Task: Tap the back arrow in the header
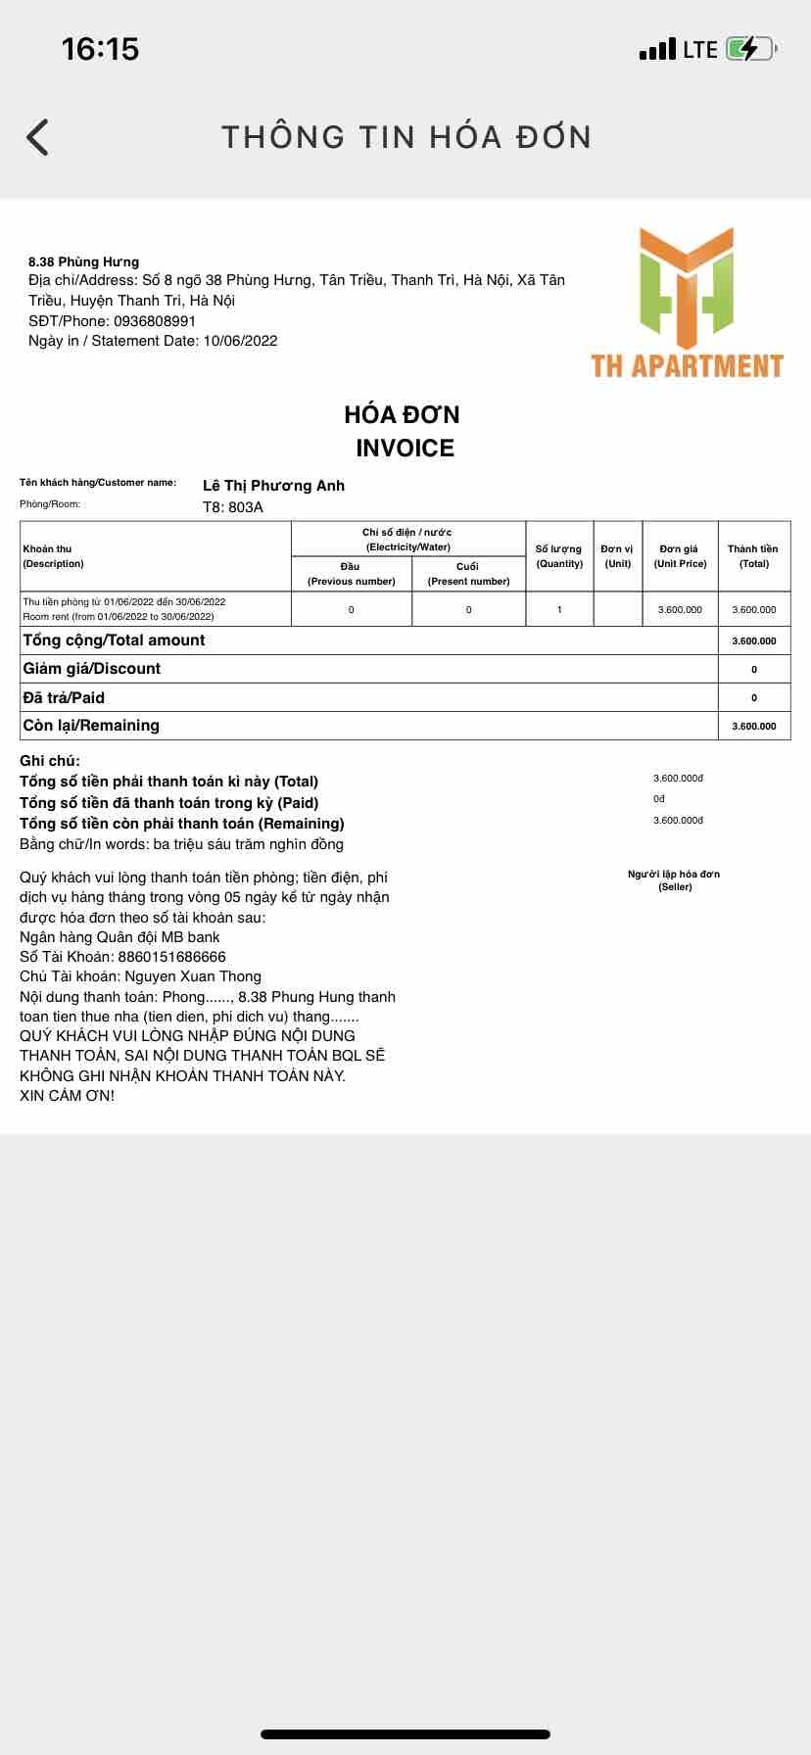[37, 137]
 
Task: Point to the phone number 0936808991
[155, 321]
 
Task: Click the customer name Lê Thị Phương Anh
[273, 486]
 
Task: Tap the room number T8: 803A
[233, 507]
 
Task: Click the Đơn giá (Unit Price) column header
[680, 556]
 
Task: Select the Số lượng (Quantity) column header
[559, 556]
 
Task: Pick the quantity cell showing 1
[559, 609]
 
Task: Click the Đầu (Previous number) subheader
[351, 574]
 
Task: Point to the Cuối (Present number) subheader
[468, 574]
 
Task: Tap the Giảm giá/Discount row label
[92, 669]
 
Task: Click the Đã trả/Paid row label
[64, 697]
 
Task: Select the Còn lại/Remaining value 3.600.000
[753, 726]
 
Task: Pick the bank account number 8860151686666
[171, 957]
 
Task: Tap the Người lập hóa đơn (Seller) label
[674, 880]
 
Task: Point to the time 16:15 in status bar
[100, 49]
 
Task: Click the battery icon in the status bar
[749, 49]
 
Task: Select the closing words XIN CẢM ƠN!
[67, 1096]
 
